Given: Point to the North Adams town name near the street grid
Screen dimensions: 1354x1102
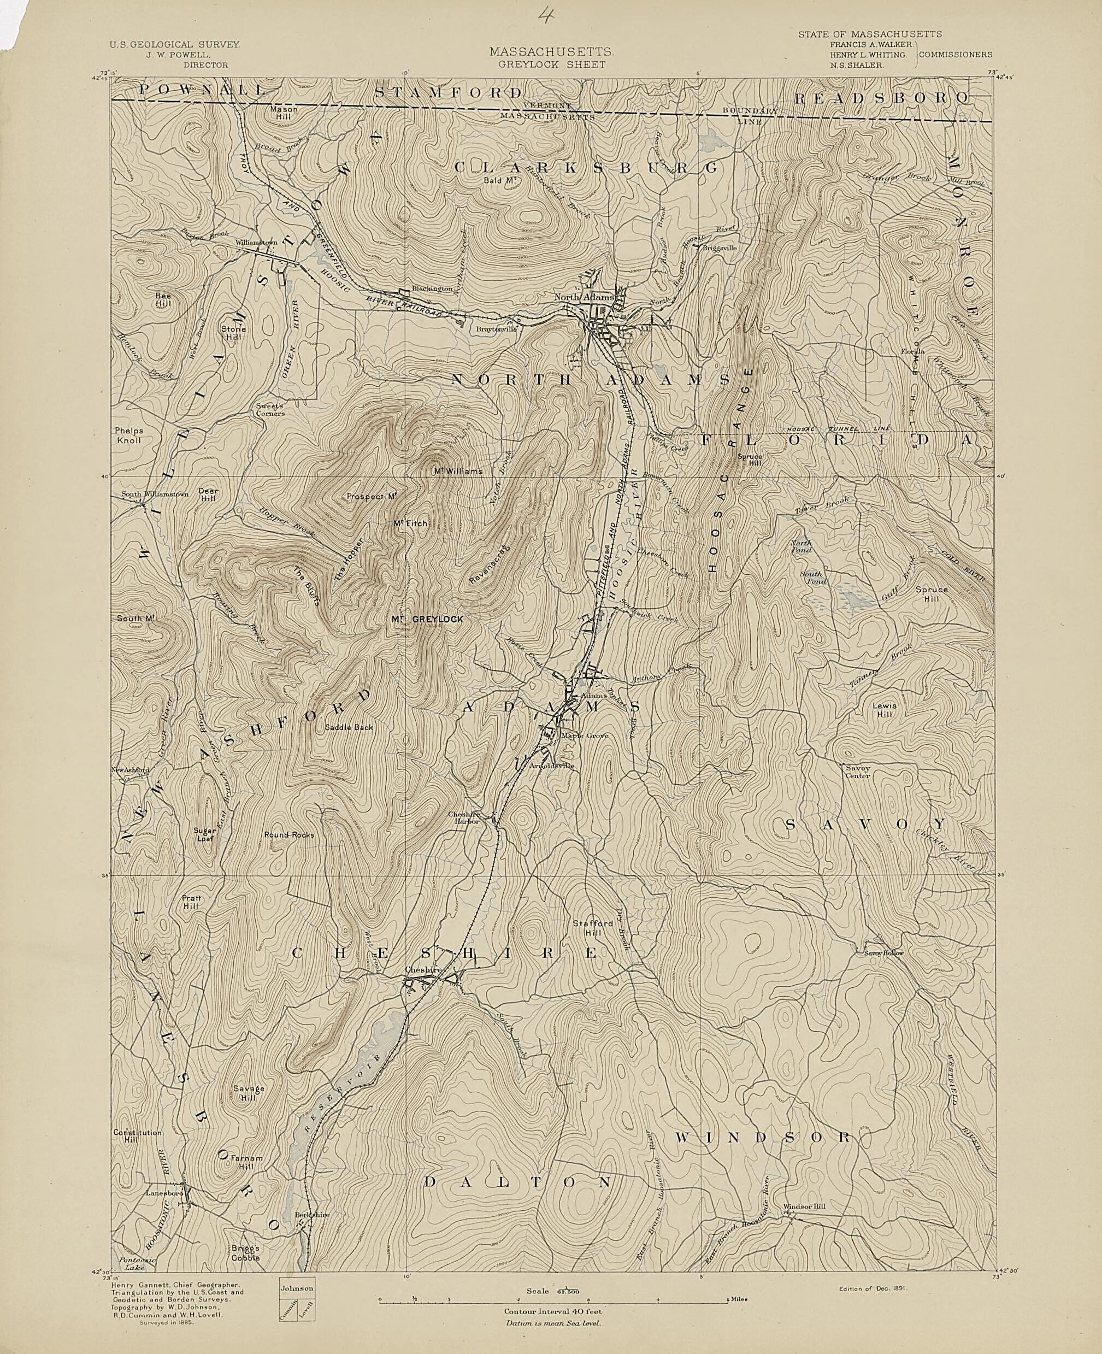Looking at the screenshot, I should [x=584, y=297].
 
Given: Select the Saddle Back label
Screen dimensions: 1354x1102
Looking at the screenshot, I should [x=349, y=727].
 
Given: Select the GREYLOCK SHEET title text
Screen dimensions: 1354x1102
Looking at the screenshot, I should [x=550, y=64].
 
